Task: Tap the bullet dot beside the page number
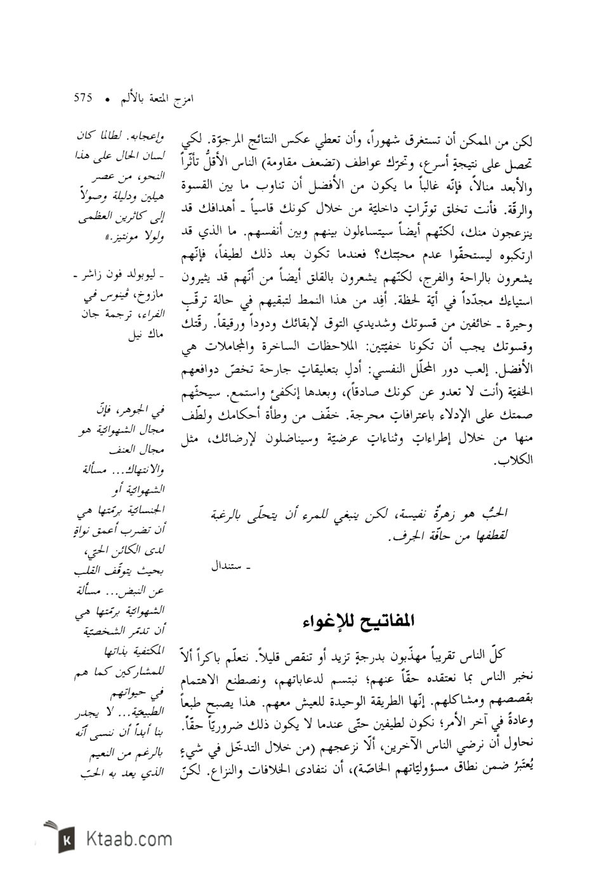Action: pyautogui.click(x=107, y=100)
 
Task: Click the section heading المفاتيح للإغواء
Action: pyautogui.click(x=359, y=620)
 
